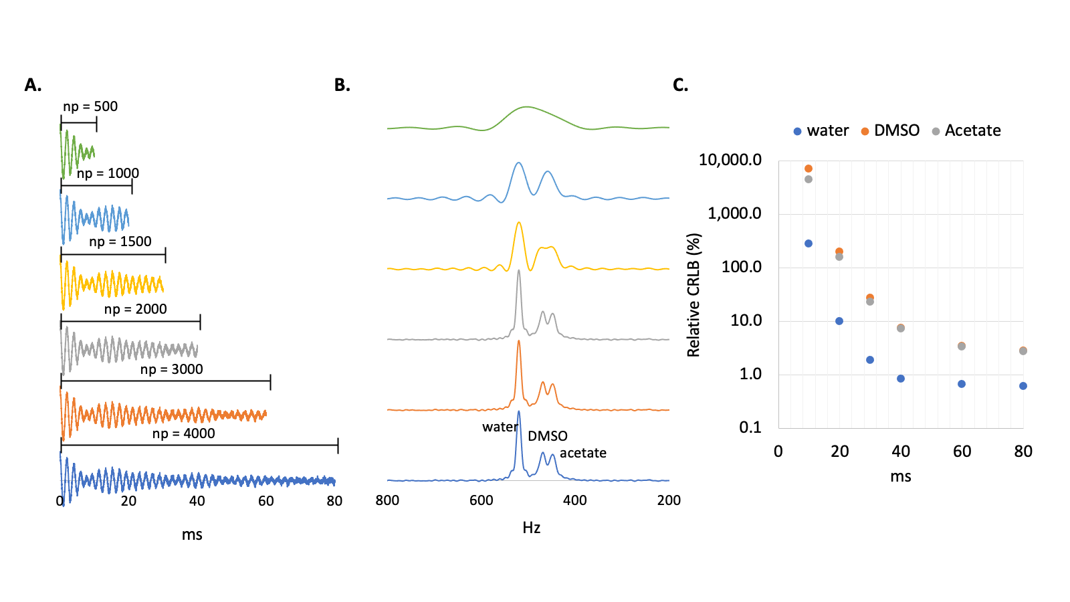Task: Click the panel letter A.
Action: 33,85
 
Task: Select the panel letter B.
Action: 342,85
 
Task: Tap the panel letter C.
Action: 680,85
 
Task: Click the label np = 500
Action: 90,106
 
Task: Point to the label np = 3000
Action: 171,369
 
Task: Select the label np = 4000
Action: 183,433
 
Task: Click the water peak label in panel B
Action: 500,427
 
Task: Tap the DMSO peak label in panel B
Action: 547,436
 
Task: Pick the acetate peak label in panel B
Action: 582,453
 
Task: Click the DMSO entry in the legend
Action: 896,130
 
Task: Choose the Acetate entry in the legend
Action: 972,130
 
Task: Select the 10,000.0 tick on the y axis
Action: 730,160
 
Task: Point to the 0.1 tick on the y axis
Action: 750,427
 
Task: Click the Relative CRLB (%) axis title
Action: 693,295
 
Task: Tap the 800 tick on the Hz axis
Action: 387,500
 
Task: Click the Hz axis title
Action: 531,528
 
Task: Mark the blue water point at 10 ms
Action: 809,243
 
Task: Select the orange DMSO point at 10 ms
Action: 809,169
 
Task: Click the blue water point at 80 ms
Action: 1023,386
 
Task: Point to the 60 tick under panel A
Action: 265,501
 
